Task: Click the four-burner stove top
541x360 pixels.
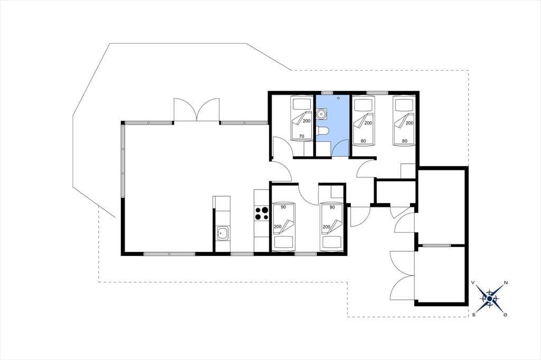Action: (262, 213)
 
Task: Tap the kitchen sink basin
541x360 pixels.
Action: (222, 233)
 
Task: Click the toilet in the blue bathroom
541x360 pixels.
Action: (323, 132)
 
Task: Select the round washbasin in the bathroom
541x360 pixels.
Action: (321, 113)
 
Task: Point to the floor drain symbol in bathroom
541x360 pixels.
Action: (338, 98)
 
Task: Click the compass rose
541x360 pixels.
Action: (490, 298)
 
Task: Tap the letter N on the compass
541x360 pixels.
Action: (506, 283)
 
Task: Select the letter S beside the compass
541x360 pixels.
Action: (474, 314)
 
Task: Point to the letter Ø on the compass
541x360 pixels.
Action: (506, 315)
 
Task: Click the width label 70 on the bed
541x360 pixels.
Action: (302, 137)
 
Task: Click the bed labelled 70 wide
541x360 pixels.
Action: (302, 119)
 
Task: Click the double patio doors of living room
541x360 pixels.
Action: (197, 110)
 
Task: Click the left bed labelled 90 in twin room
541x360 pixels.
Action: (284, 226)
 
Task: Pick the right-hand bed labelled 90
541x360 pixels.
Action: (332, 226)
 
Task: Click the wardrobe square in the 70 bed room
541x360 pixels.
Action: (308, 150)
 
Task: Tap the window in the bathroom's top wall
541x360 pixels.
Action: (327, 92)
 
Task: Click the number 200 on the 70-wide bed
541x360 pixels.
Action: (306, 121)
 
